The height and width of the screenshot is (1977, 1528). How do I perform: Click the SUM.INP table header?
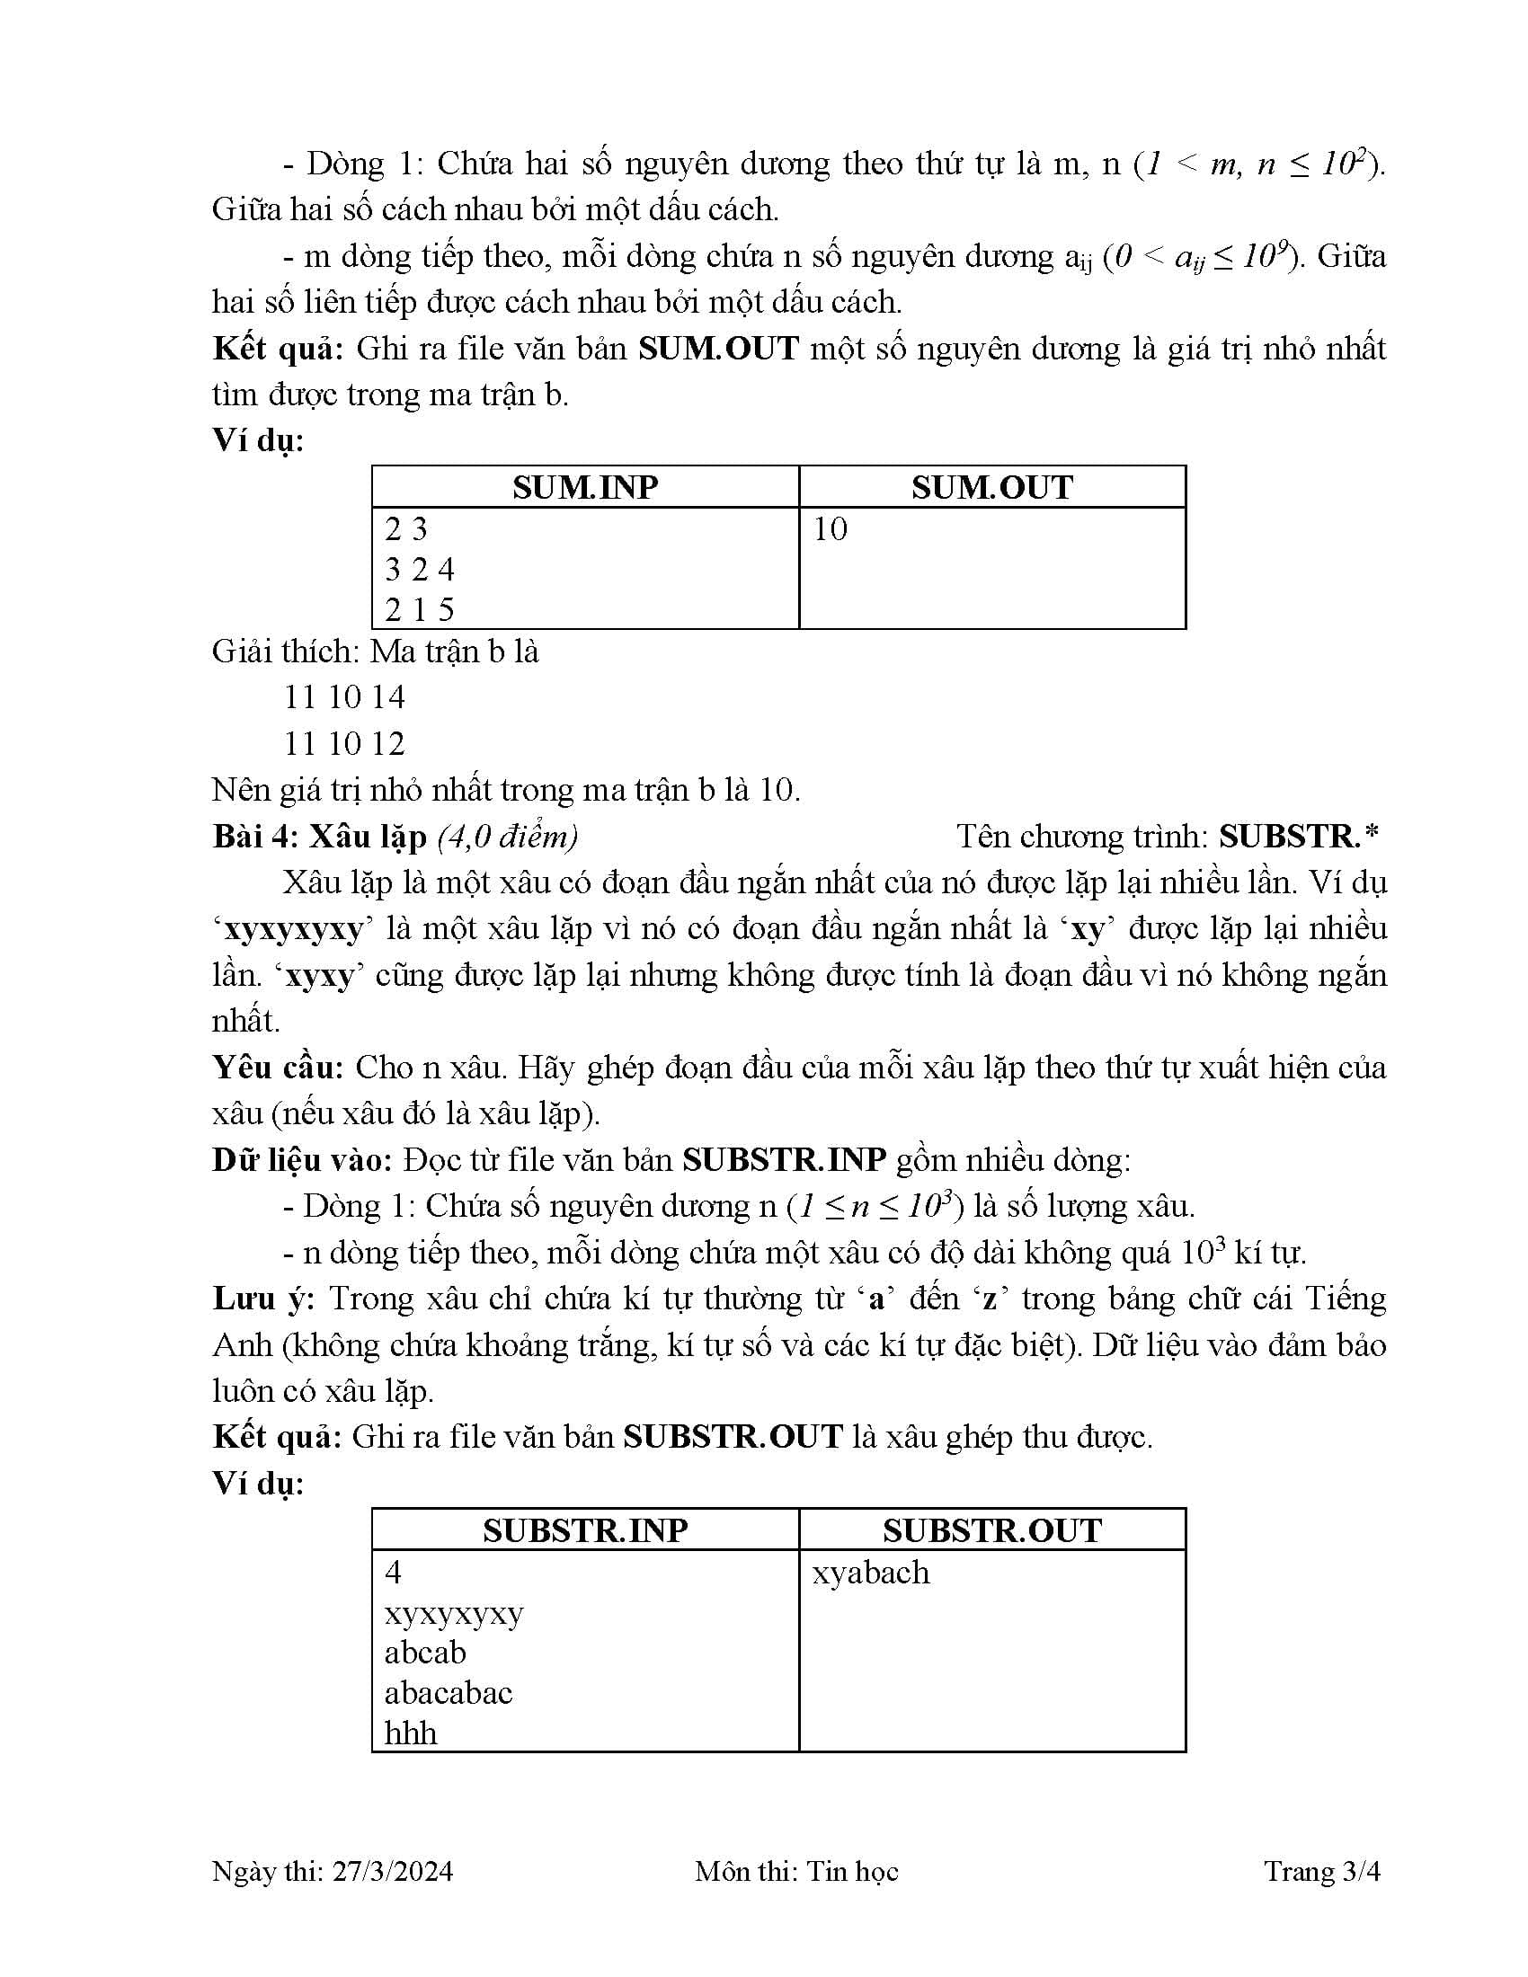[x=585, y=487]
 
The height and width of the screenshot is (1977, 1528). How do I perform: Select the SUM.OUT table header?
[x=991, y=487]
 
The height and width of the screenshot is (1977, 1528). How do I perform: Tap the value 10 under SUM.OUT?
[x=830, y=528]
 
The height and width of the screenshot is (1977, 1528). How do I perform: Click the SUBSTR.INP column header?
[x=585, y=1529]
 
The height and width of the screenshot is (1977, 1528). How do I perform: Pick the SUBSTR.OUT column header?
[x=991, y=1529]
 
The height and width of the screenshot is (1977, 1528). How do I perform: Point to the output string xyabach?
[x=870, y=1573]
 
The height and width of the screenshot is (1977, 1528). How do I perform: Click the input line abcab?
[x=424, y=1652]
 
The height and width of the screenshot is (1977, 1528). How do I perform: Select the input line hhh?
[x=410, y=1733]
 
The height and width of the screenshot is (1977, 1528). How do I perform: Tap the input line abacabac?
[x=449, y=1692]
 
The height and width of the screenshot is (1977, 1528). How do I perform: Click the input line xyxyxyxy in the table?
[x=454, y=1613]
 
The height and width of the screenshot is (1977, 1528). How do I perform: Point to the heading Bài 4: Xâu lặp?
[x=320, y=837]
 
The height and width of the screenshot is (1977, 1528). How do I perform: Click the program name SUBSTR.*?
[x=1298, y=837]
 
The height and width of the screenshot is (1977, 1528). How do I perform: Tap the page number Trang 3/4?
[x=1321, y=1871]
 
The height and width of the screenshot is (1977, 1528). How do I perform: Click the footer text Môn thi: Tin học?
[x=795, y=1871]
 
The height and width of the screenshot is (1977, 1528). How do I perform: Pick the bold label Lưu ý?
[x=263, y=1299]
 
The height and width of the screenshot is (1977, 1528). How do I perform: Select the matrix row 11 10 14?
[x=344, y=697]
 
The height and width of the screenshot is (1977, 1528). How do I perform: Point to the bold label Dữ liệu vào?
[x=302, y=1159]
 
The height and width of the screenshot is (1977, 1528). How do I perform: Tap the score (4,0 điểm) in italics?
[x=507, y=837]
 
